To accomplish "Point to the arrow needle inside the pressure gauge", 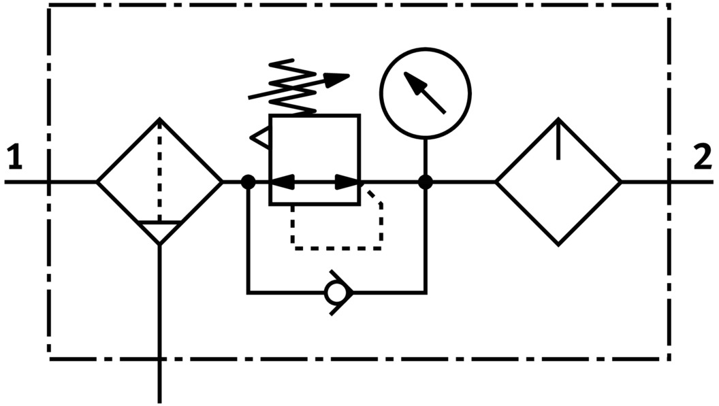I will [426, 93].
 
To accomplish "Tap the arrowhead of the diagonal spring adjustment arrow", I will [338, 78].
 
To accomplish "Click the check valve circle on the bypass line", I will [335, 293].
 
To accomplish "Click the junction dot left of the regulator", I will [249, 182].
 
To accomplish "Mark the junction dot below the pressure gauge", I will [426, 182].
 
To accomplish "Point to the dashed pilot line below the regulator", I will [337, 248].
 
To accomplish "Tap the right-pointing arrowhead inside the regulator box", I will [347, 182].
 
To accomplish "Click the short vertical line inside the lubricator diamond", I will [558, 139].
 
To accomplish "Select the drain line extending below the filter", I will [159, 320].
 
